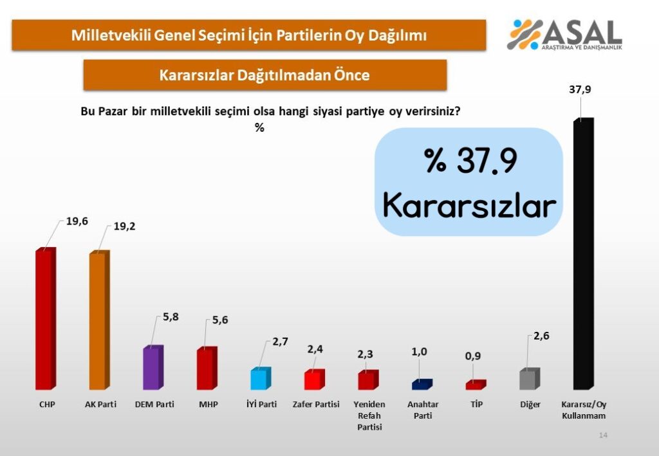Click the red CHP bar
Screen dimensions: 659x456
coord(46,319)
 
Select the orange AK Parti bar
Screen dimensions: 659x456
coord(100,320)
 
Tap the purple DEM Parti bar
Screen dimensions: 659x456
coord(153,367)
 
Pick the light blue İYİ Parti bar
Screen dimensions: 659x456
coord(261,378)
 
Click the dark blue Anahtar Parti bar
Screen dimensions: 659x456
coord(422,385)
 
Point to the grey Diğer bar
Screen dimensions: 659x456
coord(530,379)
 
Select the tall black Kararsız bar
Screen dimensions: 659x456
coord(584,253)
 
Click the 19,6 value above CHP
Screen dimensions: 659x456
coord(77,221)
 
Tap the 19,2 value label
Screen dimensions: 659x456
coord(124,227)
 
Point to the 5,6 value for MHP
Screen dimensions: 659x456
coord(220,320)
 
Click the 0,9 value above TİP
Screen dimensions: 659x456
coord(473,356)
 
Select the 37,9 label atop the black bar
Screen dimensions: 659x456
coord(580,89)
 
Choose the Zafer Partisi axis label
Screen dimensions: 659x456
coord(316,405)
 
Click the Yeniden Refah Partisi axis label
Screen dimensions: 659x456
coord(369,415)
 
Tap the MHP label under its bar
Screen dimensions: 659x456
coord(209,405)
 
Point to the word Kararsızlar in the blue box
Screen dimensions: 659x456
coord(469,206)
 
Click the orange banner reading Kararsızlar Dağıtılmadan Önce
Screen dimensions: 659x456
coord(265,75)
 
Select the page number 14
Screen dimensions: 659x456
coord(603,435)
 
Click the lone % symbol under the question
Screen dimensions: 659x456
coord(259,127)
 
